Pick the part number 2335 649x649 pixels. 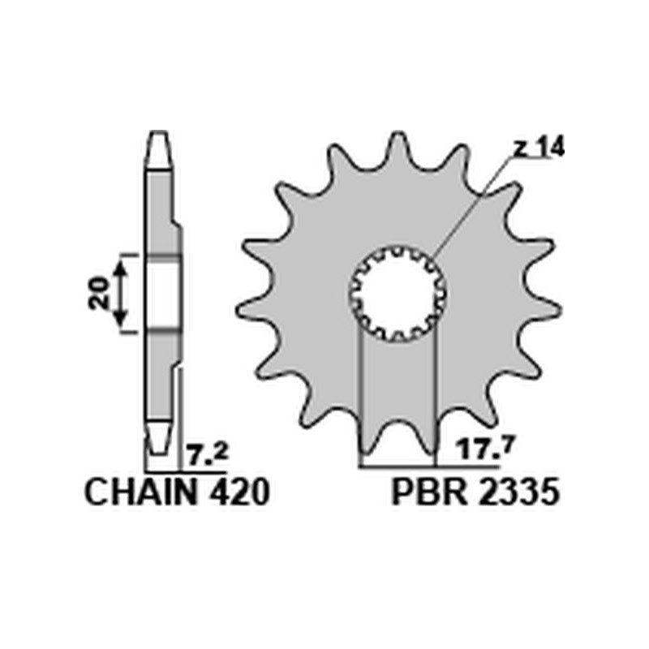518,492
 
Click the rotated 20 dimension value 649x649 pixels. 100,292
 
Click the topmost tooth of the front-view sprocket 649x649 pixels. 398,146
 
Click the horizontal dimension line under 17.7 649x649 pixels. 430,467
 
